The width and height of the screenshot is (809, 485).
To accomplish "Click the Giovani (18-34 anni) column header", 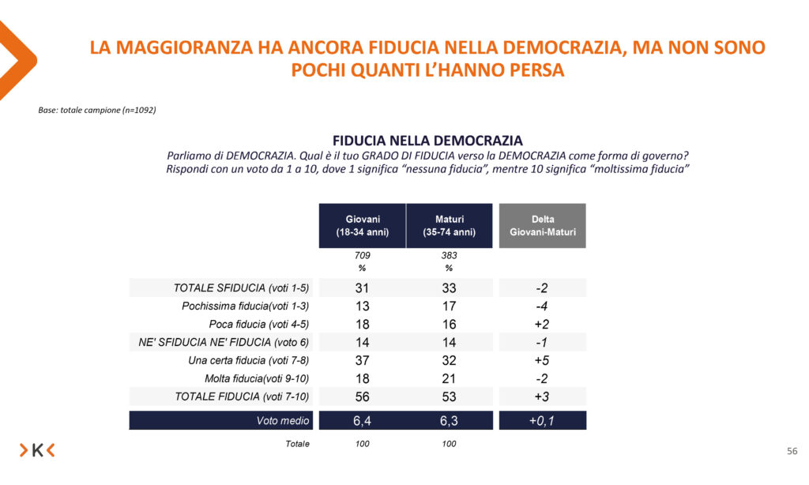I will (x=362, y=225).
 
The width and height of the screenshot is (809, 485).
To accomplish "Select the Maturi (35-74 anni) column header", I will (x=449, y=225).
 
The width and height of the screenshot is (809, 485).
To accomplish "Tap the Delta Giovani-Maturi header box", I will (x=543, y=225).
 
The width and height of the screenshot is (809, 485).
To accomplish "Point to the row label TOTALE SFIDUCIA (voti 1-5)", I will (x=242, y=288).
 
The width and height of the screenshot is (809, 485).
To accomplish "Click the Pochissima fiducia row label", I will (x=246, y=306).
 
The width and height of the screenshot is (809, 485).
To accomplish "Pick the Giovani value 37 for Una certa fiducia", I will (x=362, y=360).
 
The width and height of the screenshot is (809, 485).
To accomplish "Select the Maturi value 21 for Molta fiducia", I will (x=449, y=378).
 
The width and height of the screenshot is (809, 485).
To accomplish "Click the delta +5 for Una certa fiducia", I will (x=542, y=360).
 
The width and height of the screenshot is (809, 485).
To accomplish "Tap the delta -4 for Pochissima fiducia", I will (x=542, y=306).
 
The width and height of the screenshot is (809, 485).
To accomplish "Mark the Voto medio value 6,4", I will (x=362, y=421).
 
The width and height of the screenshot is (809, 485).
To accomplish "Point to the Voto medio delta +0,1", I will (x=542, y=421).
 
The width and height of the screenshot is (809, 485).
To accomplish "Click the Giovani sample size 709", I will (x=362, y=256).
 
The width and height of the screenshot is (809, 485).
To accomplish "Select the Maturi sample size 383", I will (x=449, y=256).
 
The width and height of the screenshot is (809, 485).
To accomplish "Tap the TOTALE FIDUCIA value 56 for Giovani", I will (x=362, y=397).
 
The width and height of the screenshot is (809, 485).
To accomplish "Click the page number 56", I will (x=792, y=451).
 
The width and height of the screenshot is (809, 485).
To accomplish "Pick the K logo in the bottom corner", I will (x=37, y=450).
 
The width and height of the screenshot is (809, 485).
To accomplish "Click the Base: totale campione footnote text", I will (x=97, y=110).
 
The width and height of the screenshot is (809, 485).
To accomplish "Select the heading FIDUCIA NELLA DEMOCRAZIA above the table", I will (x=427, y=141).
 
